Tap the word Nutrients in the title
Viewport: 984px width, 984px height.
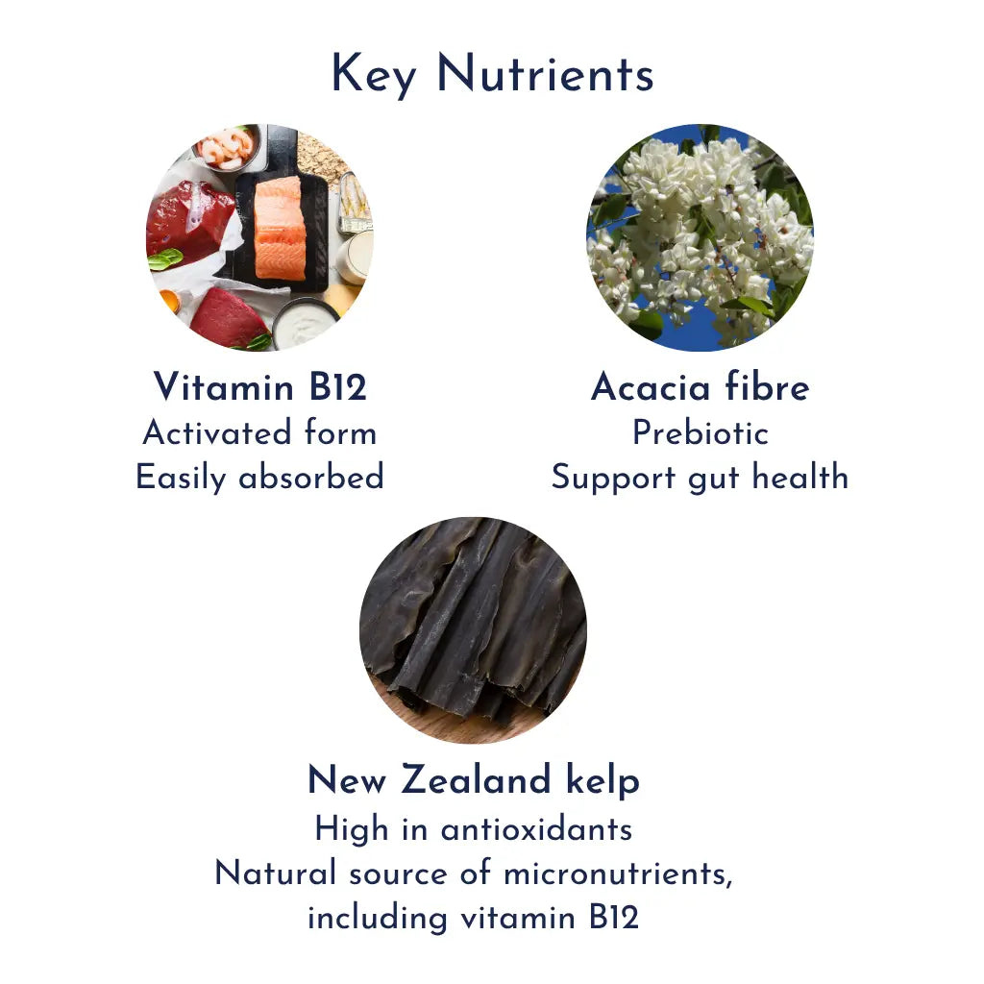point(545,75)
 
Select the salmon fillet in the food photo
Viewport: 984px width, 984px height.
point(280,229)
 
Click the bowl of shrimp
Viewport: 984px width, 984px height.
point(227,147)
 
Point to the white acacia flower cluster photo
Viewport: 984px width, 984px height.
point(700,236)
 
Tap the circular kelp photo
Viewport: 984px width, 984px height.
point(473,629)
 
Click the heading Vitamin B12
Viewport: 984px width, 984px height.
point(259,387)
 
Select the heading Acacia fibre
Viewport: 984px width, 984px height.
point(700,387)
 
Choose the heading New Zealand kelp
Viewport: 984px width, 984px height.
point(473,780)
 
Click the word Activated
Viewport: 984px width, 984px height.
point(217,433)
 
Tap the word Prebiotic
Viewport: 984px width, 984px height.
point(700,433)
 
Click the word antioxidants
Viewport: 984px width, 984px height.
point(535,828)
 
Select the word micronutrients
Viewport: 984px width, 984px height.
point(616,873)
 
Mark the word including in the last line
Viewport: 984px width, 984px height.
point(377,919)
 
